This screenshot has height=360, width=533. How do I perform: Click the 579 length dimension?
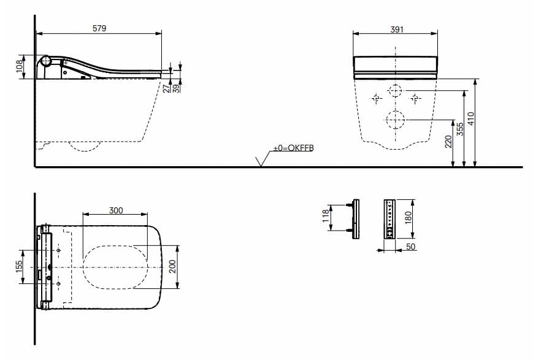coord(99,28)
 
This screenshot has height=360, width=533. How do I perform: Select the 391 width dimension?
coord(396,29)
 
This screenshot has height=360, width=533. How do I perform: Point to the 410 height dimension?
coord(471,117)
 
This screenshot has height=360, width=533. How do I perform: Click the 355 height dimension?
coord(460,129)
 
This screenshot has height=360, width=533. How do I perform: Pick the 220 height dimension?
coord(448,142)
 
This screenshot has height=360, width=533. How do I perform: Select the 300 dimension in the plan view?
coord(115,210)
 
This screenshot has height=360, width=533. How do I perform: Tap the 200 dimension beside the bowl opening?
coord(172,266)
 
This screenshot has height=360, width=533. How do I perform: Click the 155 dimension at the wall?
coord(19,266)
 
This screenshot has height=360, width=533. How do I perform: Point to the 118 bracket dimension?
coord(326,216)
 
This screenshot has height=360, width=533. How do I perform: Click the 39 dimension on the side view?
coord(177,89)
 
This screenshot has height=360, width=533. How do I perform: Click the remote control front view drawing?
coord(388,218)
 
